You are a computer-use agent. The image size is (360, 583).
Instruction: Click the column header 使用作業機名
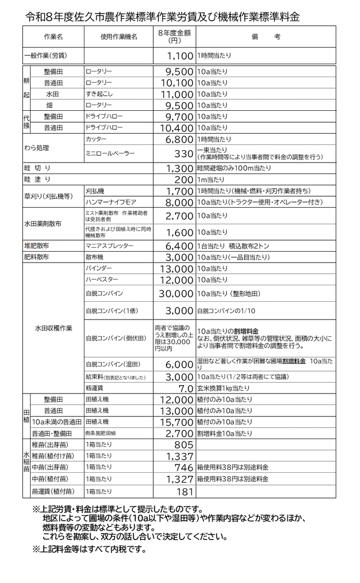[x=119, y=37]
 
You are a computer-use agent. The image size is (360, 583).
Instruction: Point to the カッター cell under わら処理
[x=96, y=140]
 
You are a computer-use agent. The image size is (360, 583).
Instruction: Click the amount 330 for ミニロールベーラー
[x=183, y=154]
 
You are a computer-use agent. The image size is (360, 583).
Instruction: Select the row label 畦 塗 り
[x=37, y=180]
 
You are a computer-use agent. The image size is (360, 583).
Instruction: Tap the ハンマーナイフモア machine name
[x=110, y=202]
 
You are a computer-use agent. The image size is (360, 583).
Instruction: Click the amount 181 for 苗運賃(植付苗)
[x=184, y=491]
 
